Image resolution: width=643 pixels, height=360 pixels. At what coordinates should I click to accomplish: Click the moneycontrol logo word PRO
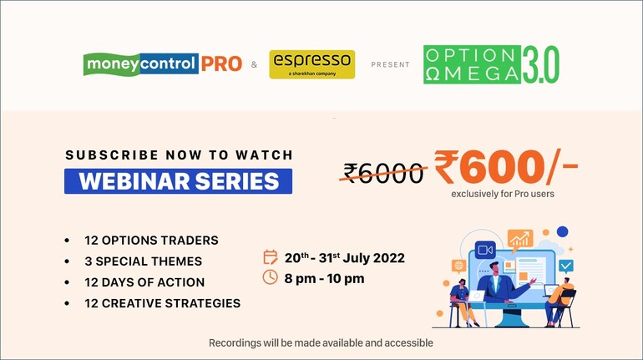[221, 63]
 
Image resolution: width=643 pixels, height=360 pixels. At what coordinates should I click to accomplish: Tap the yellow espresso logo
[312, 64]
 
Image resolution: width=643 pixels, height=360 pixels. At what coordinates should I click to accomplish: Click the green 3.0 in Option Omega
[540, 64]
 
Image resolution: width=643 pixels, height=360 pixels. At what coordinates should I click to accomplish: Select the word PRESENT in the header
[390, 64]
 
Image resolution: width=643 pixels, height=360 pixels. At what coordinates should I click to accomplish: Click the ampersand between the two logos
[254, 64]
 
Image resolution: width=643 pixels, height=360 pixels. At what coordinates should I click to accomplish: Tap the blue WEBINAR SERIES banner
[179, 181]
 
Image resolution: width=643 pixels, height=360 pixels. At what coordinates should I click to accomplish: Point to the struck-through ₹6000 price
[383, 173]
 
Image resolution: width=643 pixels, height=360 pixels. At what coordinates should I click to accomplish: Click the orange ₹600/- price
[506, 166]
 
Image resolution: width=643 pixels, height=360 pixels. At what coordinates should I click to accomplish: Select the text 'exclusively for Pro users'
[503, 194]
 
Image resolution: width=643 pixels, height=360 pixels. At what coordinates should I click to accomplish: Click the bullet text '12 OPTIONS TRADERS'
[151, 241]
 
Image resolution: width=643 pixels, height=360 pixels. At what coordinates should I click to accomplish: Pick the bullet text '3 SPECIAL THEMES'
[143, 261]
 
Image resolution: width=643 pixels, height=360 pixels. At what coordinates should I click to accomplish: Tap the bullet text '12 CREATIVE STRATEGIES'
[162, 303]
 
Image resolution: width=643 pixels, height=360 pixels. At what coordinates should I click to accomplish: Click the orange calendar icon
[271, 257]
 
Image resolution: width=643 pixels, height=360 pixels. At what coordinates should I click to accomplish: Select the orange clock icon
[271, 277]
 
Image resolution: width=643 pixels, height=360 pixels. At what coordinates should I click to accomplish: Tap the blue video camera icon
[485, 250]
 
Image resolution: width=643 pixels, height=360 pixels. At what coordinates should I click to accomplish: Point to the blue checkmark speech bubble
[566, 266]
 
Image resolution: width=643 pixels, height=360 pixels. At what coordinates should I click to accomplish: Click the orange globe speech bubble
[458, 266]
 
